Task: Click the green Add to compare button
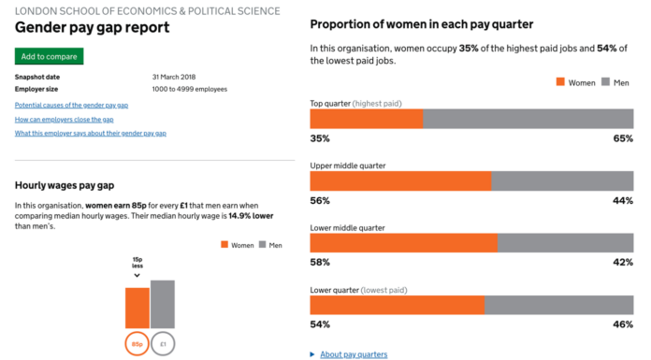pos(49,56)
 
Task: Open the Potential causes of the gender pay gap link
pos(71,105)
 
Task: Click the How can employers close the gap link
pos(65,119)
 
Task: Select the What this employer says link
pos(90,133)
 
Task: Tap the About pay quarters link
pos(353,354)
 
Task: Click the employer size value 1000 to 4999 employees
pos(189,89)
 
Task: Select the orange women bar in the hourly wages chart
pos(137,308)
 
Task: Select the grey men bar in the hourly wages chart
pos(163,304)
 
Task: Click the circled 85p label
pos(137,344)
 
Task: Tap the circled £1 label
pos(163,344)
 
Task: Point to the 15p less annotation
pos(137,264)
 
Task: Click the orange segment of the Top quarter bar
pos(366,118)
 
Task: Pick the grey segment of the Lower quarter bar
pos(558,305)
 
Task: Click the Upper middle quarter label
pos(347,166)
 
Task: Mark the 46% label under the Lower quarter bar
pos(623,324)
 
